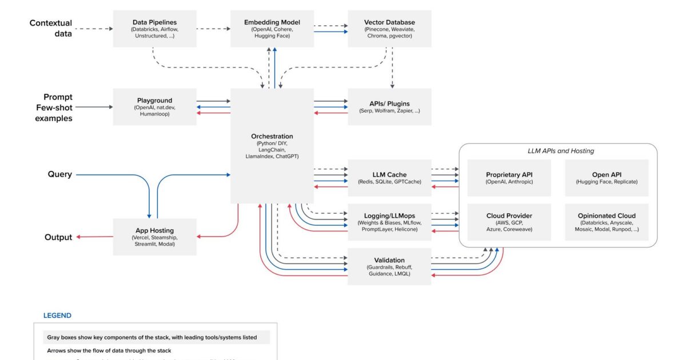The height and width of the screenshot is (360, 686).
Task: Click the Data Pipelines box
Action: coord(154,29)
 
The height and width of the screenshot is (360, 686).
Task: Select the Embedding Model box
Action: coord(272,29)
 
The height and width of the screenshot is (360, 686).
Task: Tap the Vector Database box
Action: coord(389,29)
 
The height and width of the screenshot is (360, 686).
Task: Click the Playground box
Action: coord(154,107)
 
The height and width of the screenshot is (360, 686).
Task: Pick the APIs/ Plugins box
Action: coord(389,107)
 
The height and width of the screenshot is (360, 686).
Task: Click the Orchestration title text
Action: coord(272,137)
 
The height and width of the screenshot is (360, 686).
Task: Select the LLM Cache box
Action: coord(389,178)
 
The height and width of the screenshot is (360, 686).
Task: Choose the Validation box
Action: coord(389,266)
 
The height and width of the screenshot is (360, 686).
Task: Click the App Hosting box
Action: coord(154,237)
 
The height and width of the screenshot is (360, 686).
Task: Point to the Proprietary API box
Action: coord(509,178)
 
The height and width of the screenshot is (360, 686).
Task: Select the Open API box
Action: coord(607,178)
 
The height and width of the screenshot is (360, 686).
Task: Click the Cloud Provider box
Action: coord(509,222)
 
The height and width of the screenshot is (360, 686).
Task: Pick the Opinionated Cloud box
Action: coord(607,222)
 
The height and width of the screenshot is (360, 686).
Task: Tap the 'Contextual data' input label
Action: coord(51,28)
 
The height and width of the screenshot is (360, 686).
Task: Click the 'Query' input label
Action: coord(59,174)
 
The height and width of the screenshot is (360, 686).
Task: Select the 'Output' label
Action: coord(58,237)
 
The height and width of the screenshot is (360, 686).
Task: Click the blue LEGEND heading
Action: coord(57,315)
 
